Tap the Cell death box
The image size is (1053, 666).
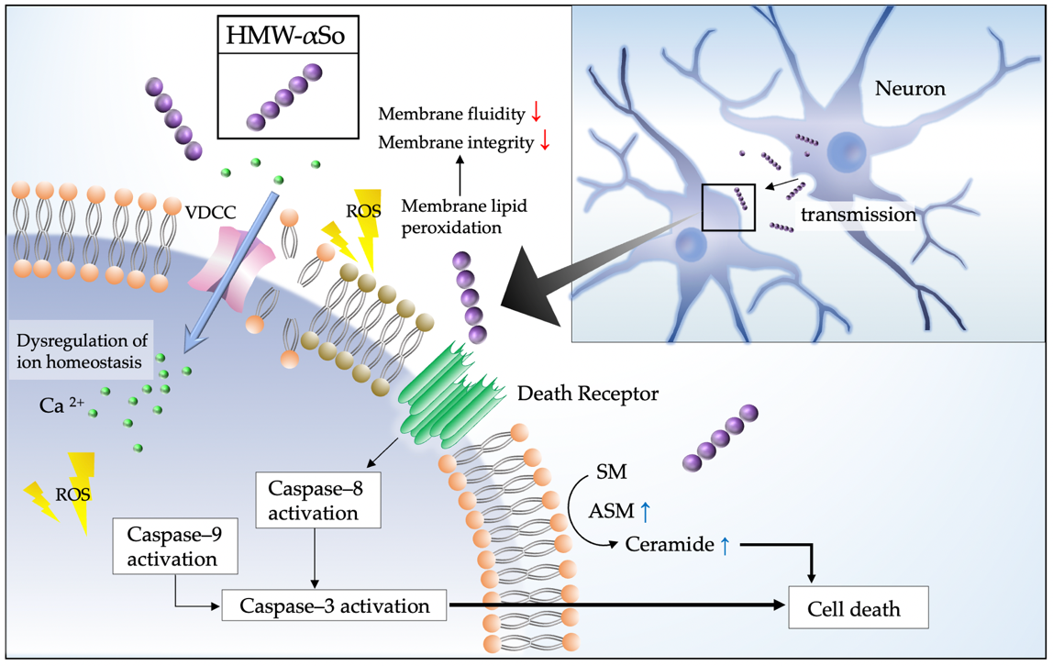click(x=854, y=608)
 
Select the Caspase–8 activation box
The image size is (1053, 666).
click(x=319, y=500)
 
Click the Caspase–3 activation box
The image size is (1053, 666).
click(x=335, y=606)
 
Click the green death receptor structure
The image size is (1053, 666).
click(x=449, y=390)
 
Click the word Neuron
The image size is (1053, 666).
click(x=909, y=89)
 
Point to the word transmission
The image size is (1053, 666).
click(x=859, y=216)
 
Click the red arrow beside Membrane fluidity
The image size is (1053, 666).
click(x=537, y=114)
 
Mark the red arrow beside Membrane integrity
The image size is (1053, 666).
click(x=544, y=142)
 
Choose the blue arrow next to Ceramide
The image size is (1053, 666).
click(x=725, y=545)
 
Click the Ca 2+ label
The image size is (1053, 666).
click(x=62, y=405)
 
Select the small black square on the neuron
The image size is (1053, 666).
click(x=728, y=206)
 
